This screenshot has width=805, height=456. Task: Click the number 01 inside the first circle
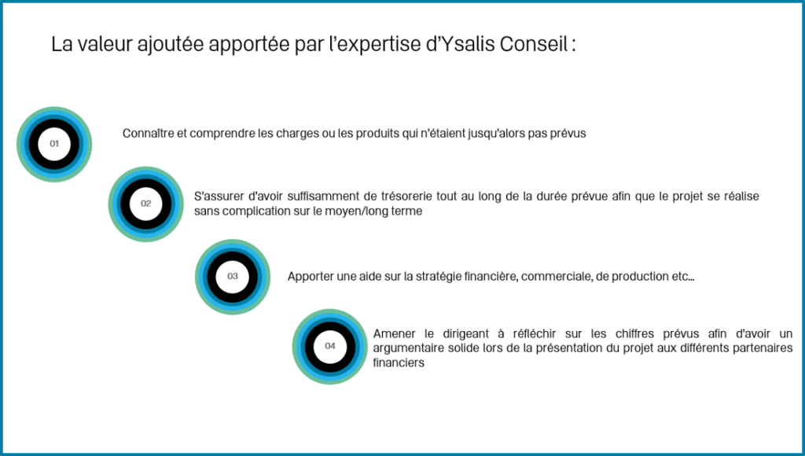[x=54, y=144]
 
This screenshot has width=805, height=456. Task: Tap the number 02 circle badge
[x=145, y=204]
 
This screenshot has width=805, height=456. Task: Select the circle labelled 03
[x=233, y=276]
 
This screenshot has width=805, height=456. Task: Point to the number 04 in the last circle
[x=330, y=346]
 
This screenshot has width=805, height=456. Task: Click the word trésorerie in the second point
[x=406, y=197]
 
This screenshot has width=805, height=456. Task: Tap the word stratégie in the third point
[x=438, y=277]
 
